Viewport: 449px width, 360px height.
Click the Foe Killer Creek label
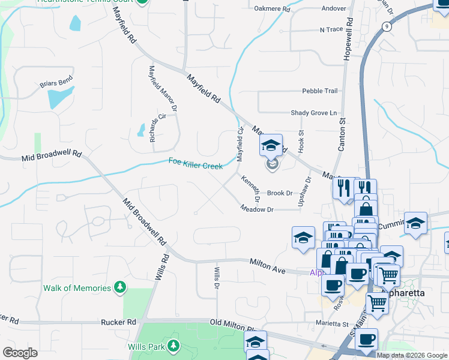coord(196,163)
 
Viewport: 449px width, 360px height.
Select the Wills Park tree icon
coord(173,346)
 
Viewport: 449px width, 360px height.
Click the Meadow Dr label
coord(257,209)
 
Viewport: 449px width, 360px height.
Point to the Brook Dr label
coord(280,193)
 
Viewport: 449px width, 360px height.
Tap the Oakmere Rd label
coord(272,10)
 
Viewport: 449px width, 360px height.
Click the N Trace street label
coord(330,29)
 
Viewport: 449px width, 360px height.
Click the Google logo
coord(20,353)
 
